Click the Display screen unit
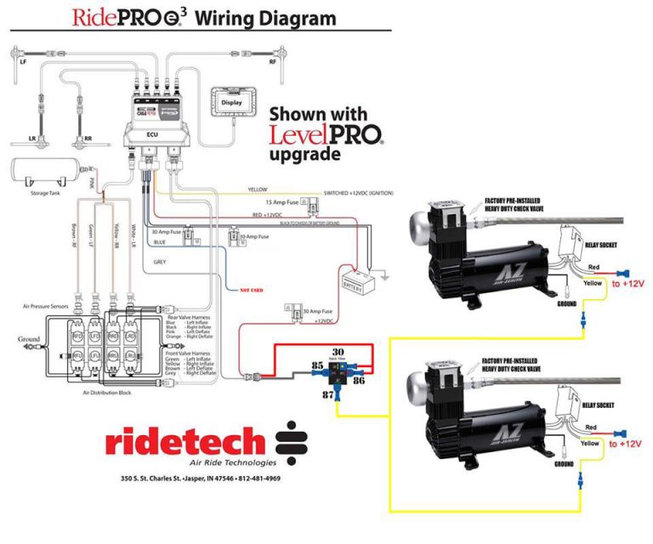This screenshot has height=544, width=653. (231, 102)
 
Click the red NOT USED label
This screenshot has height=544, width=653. (252, 290)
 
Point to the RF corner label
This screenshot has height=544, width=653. (273, 62)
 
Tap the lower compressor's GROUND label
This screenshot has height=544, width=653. (565, 465)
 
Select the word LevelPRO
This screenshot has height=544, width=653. (325, 133)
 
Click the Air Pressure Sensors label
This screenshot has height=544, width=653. (47, 305)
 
